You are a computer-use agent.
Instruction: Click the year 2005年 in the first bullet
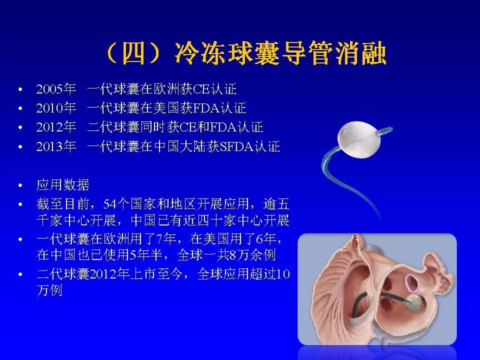(x=55, y=90)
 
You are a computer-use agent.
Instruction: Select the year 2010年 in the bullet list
(x=55, y=108)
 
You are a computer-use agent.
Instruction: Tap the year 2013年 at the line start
(x=55, y=146)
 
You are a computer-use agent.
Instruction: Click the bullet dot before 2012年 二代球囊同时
(x=19, y=128)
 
